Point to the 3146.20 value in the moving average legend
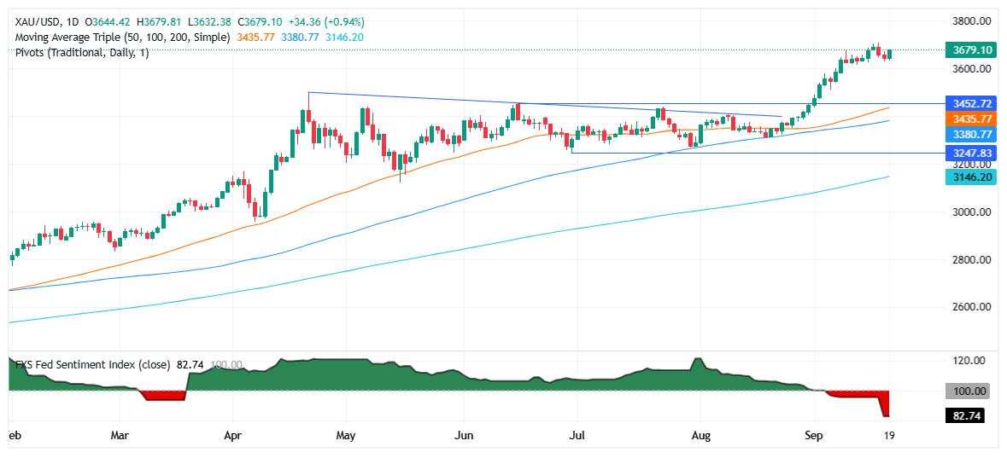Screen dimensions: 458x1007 pyautogui.click(x=346, y=38)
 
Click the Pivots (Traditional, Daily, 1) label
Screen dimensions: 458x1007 pyautogui.click(x=82, y=53)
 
